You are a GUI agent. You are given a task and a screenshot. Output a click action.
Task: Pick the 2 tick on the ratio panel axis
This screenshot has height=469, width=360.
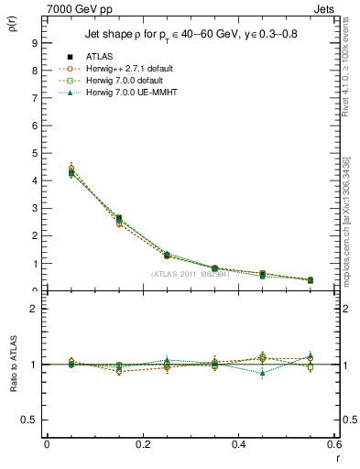click(x=34, y=309)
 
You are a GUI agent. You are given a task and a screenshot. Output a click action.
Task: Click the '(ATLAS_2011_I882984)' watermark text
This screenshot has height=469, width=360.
click(x=190, y=274)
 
